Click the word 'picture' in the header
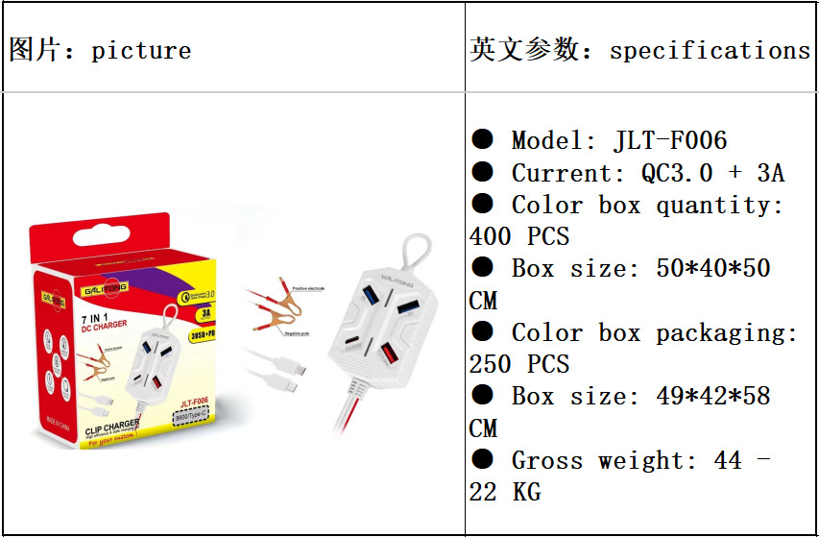click(x=141, y=51)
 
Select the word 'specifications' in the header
click(x=710, y=51)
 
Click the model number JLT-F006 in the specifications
click(x=670, y=140)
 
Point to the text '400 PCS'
click(x=519, y=236)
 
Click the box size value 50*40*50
click(x=713, y=268)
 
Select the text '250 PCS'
click(x=519, y=364)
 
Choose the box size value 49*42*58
click(x=713, y=396)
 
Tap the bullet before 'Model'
click(x=482, y=140)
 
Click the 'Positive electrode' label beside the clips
click(x=307, y=289)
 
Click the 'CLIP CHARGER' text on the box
click(x=113, y=424)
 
